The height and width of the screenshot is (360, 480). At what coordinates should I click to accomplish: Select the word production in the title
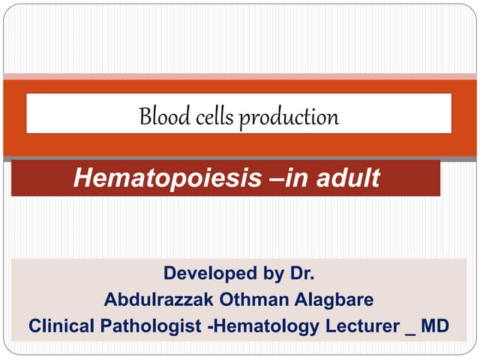(289, 118)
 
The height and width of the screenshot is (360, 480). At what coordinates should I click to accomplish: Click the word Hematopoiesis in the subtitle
(166, 178)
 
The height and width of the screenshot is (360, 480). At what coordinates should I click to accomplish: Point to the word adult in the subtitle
(346, 178)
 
